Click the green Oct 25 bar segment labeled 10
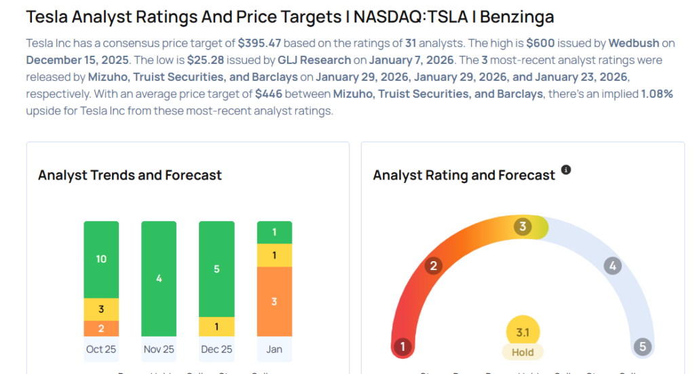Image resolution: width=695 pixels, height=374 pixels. click(101, 259)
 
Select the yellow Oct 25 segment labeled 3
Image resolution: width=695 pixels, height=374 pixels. click(101, 309)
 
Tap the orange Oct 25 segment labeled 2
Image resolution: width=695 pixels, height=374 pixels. click(101, 328)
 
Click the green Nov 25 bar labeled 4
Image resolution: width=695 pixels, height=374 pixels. click(159, 278)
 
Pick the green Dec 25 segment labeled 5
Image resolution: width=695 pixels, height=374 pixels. click(217, 269)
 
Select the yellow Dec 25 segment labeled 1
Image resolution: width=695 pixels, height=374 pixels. click(217, 326)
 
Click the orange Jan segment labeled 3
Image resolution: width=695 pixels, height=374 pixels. click(274, 301)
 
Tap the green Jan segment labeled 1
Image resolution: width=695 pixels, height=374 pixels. click(274, 233)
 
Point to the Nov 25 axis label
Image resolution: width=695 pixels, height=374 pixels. click(159, 349)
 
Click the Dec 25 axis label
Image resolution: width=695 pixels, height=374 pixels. click(217, 349)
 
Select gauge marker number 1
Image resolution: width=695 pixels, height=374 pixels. click(402, 347)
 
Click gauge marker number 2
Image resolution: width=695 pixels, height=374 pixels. click(433, 266)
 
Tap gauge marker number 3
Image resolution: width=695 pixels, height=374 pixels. click(523, 227)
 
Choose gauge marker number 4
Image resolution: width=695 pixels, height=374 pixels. click(612, 266)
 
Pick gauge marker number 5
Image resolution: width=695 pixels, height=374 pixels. click(642, 347)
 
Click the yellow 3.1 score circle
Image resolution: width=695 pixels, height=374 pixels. click(523, 333)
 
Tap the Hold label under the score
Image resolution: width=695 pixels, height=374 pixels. click(523, 352)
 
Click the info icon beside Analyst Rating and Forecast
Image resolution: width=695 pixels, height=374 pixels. click(566, 170)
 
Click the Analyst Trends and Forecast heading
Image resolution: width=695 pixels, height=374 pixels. click(130, 175)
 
